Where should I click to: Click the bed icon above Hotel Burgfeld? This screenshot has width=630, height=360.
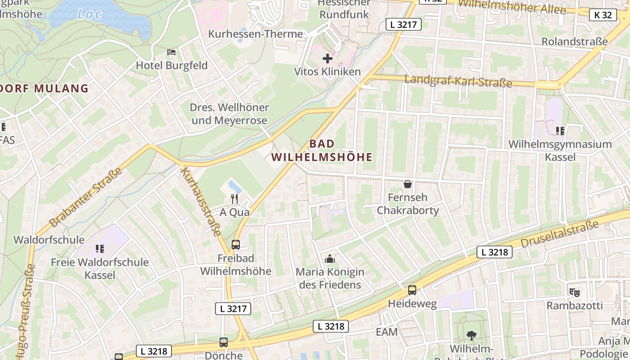pyautogui.click(x=171, y=52)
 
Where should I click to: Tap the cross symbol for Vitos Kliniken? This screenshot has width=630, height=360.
pyautogui.click(x=328, y=58)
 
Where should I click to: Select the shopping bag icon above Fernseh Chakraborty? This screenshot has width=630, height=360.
pyautogui.click(x=408, y=184)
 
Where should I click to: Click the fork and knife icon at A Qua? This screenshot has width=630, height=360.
pyautogui.click(x=234, y=198)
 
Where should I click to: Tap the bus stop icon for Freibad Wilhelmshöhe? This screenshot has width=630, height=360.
pyautogui.click(x=235, y=245)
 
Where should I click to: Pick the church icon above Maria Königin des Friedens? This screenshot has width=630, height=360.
pyautogui.click(x=330, y=259)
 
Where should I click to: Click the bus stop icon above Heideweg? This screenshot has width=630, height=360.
pyautogui.click(x=412, y=290)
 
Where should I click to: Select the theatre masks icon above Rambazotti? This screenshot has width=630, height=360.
pyautogui.click(x=574, y=292)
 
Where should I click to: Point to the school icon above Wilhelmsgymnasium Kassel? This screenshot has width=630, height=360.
pyautogui.click(x=560, y=131)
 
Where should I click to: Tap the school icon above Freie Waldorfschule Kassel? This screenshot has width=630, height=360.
pyautogui.click(x=99, y=248)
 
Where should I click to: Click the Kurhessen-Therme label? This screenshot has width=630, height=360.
pyautogui.click(x=255, y=34)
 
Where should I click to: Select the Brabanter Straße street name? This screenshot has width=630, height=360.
pyautogui.click(x=85, y=198)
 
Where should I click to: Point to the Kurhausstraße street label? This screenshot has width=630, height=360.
pyautogui.click(x=201, y=201)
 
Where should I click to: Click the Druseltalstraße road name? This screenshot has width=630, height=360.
pyautogui.click(x=560, y=234)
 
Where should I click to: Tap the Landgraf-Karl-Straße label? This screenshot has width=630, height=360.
pyautogui.click(x=458, y=81)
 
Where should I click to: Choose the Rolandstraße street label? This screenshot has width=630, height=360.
pyautogui.click(x=574, y=41)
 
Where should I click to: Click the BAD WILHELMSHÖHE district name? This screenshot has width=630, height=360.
pyautogui.click(x=322, y=150)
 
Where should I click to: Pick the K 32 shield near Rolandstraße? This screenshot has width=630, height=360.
pyautogui.click(x=603, y=15)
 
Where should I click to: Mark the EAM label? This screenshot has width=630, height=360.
pyautogui.click(x=387, y=332)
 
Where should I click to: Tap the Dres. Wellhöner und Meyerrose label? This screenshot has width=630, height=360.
pyautogui.click(x=229, y=114)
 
